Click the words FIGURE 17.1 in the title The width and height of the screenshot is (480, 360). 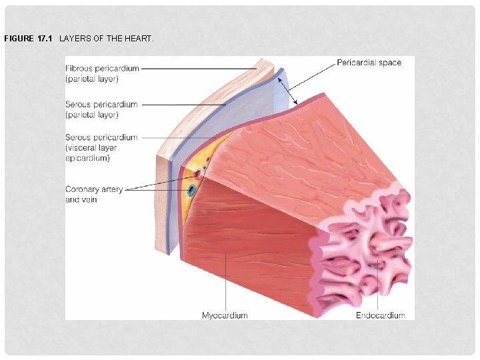[28, 39]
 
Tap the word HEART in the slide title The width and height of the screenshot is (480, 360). [141, 39]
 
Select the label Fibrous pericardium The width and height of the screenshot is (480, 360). [101, 69]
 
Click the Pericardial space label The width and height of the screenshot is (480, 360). [369, 63]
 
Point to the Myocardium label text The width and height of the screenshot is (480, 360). [225, 315]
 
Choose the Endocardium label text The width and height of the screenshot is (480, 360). [380, 315]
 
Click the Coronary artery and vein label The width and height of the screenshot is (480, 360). [93, 194]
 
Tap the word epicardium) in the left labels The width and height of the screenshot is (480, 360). [87, 158]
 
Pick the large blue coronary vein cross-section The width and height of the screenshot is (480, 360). [192, 190]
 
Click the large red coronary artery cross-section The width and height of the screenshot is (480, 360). [198, 175]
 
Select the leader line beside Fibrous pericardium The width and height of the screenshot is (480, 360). [200, 68]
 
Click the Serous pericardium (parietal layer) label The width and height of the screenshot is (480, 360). [101, 109]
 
